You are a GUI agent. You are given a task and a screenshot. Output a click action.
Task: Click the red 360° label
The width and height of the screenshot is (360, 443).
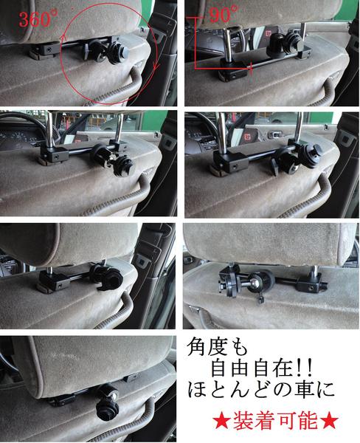[38, 19]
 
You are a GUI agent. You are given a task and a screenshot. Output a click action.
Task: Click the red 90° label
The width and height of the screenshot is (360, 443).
[224, 14]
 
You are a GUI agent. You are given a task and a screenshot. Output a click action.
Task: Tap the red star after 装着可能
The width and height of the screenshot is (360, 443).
[330, 422]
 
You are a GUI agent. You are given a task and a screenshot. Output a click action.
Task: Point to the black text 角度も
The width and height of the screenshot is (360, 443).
[218, 347]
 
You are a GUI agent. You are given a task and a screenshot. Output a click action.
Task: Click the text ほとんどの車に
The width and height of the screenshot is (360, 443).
[261, 390]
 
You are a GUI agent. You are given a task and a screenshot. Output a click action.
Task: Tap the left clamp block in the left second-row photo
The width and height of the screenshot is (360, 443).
[55, 154]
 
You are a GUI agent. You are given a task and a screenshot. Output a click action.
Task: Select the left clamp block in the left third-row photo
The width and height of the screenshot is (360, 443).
[54, 281]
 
